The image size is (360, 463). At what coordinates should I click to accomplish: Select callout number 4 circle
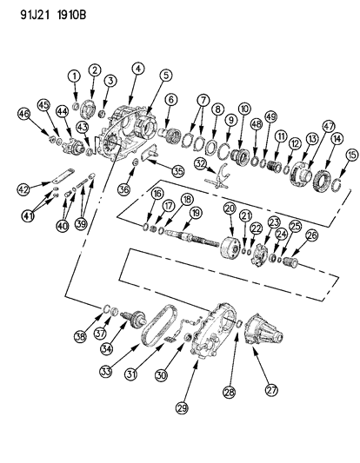coord(138,68)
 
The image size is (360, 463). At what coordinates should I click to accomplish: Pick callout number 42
coord(23,188)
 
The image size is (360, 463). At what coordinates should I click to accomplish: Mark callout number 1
coord(76,76)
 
